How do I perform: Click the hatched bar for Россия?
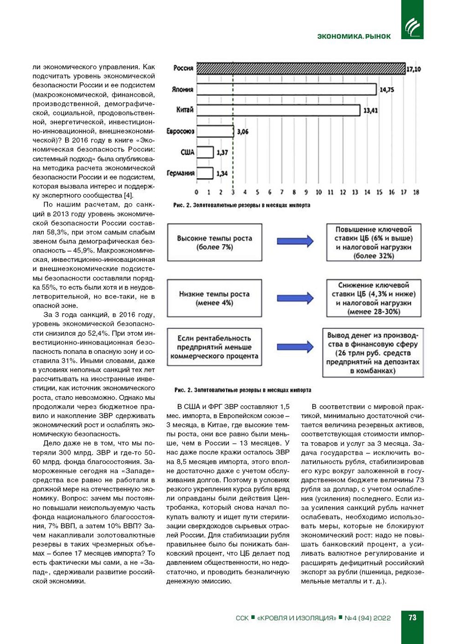pos(301,68)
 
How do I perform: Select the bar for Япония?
pos(286,89)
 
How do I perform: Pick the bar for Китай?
pos(278,110)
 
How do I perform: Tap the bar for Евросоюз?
pos(215,132)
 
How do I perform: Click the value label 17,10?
pos(413,69)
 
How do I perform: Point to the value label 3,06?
pos(242,132)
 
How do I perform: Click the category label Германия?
pos(181,173)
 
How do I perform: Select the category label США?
pos(187,152)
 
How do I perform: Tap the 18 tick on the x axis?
pos(416,192)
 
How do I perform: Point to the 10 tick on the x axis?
pos(319,192)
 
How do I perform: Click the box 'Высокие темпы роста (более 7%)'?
pos(215,242)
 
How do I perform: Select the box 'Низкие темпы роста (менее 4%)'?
pos(215,298)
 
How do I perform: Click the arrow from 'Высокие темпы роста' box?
pos(295,241)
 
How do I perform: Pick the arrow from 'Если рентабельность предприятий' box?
pos(295,346)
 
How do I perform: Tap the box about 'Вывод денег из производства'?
pos(373,352)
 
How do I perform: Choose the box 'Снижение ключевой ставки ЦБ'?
pos(374,298)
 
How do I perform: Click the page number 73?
pos(412,617)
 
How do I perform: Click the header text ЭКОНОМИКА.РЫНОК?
pos(354,36)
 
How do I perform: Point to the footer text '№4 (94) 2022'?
pos(368,618)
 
